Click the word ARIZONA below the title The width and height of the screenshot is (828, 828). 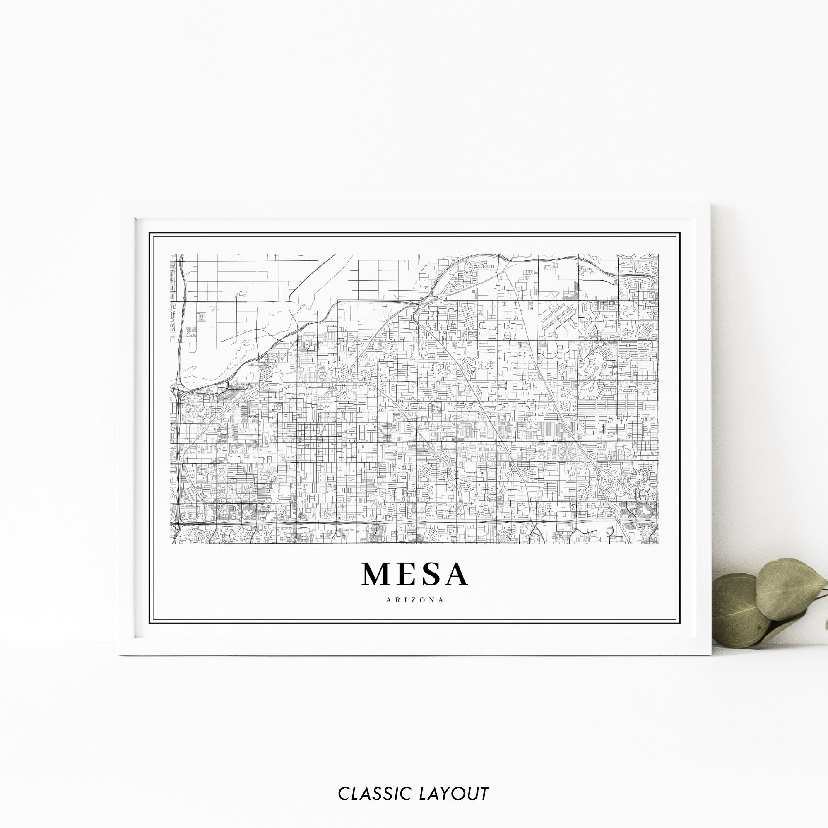(x=414, y=600)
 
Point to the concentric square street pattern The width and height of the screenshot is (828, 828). (x=200, y=317)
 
